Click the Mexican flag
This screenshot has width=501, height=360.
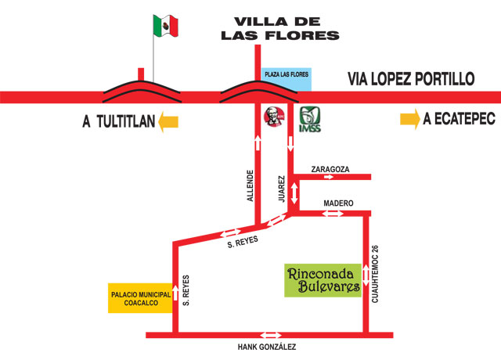pos(166,25)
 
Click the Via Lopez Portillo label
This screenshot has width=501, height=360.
pos(411,79)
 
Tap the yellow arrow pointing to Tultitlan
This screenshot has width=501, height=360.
pos(168,121)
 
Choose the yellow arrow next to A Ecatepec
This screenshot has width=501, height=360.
pos(409,120)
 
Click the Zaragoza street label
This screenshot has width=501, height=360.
pos(330,168)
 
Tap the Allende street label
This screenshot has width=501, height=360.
pos(250,185)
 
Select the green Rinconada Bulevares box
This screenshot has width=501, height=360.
pos(323,280)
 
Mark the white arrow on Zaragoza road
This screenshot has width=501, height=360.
pos(330,178)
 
